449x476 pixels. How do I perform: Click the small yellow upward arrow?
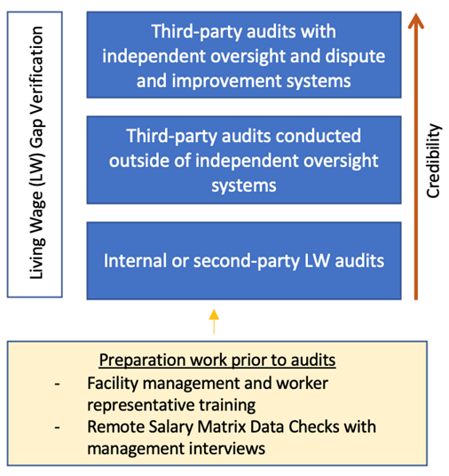tap(214, 321)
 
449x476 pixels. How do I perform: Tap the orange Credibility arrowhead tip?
tap(416, 13)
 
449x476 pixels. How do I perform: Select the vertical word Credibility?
tap(433, 161)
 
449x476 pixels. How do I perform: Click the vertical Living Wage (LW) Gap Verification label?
tap(37, 153)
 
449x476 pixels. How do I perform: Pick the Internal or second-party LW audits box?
tap(244, 261)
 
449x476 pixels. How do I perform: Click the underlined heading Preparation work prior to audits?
tap(217, 360)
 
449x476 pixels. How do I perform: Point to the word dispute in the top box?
tap(356, 56)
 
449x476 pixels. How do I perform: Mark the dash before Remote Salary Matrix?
tap(57, 427)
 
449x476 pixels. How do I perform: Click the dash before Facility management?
tap(57, 384)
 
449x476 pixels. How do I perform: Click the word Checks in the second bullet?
tap(314, 427)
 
